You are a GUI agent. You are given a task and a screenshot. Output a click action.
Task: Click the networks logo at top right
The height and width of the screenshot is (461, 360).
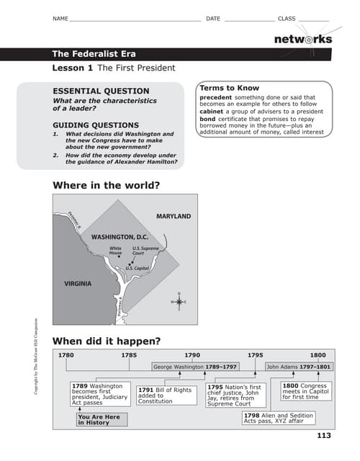[302, 39]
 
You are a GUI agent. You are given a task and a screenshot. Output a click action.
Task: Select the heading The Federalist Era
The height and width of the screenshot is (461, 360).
[94, 54]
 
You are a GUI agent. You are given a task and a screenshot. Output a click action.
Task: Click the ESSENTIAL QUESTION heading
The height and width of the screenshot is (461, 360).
[102, 91]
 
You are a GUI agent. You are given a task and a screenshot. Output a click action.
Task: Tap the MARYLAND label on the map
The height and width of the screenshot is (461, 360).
[174, 216]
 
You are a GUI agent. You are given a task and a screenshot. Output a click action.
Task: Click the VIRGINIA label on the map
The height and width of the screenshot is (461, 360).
[78, 284]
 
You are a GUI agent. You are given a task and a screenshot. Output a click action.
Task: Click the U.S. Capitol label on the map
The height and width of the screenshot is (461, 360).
[138, 268]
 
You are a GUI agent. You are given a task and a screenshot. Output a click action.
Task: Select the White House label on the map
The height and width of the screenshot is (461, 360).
[115, 251]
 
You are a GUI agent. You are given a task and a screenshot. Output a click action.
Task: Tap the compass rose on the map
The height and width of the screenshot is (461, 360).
[178, 301]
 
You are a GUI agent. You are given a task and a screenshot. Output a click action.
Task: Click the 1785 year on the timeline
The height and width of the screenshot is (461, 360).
[129, 355]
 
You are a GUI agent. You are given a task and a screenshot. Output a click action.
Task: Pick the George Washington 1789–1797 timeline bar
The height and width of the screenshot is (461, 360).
[195, 367]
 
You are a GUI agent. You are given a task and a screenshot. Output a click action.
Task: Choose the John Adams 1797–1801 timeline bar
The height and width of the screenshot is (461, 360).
[299, 367]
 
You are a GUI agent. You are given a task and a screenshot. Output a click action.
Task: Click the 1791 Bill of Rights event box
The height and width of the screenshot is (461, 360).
[165, 395]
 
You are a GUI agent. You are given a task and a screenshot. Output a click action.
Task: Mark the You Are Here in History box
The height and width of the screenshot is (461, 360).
[102, 420]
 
